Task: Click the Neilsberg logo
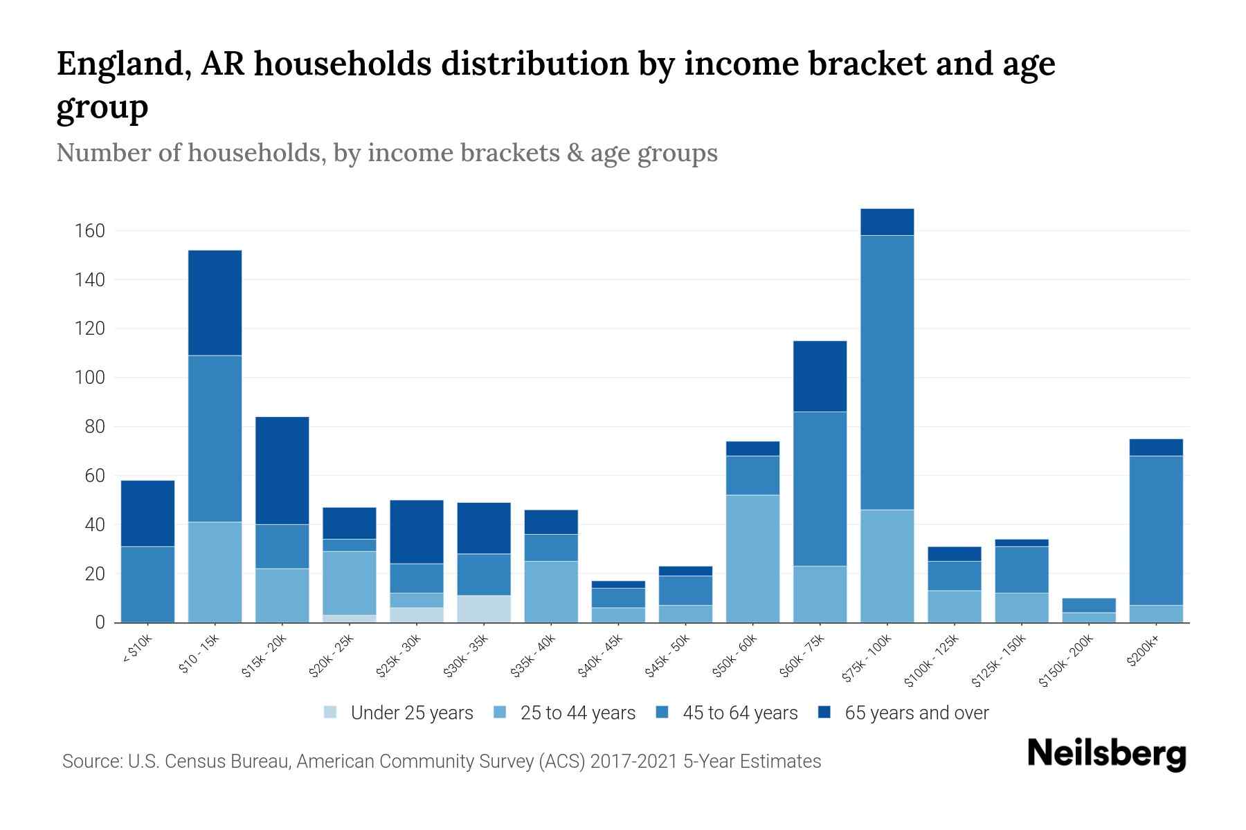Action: pyautogui.click(x=1106, y=754)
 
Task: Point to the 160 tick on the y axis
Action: pyautogui.click(x=89, y=231)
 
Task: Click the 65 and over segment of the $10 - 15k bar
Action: pyautogui.click(x=215, y=303)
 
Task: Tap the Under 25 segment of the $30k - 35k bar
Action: pyautogui.click(x=484, y=609)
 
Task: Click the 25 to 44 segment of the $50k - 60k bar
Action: pyautogui.click(x=752, y=558)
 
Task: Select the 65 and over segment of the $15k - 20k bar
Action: pyautogui.click(x=282, y=470)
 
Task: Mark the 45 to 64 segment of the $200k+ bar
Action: pyautogui.click(x=1155, y=531)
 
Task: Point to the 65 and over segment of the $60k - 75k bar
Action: pyautogui.click(x=820, y=376)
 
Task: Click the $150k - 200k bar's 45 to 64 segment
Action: pyautogui.click(x=1088, y=605)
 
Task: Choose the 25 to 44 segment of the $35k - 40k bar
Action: pyautogui.click(x=551, y=591)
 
